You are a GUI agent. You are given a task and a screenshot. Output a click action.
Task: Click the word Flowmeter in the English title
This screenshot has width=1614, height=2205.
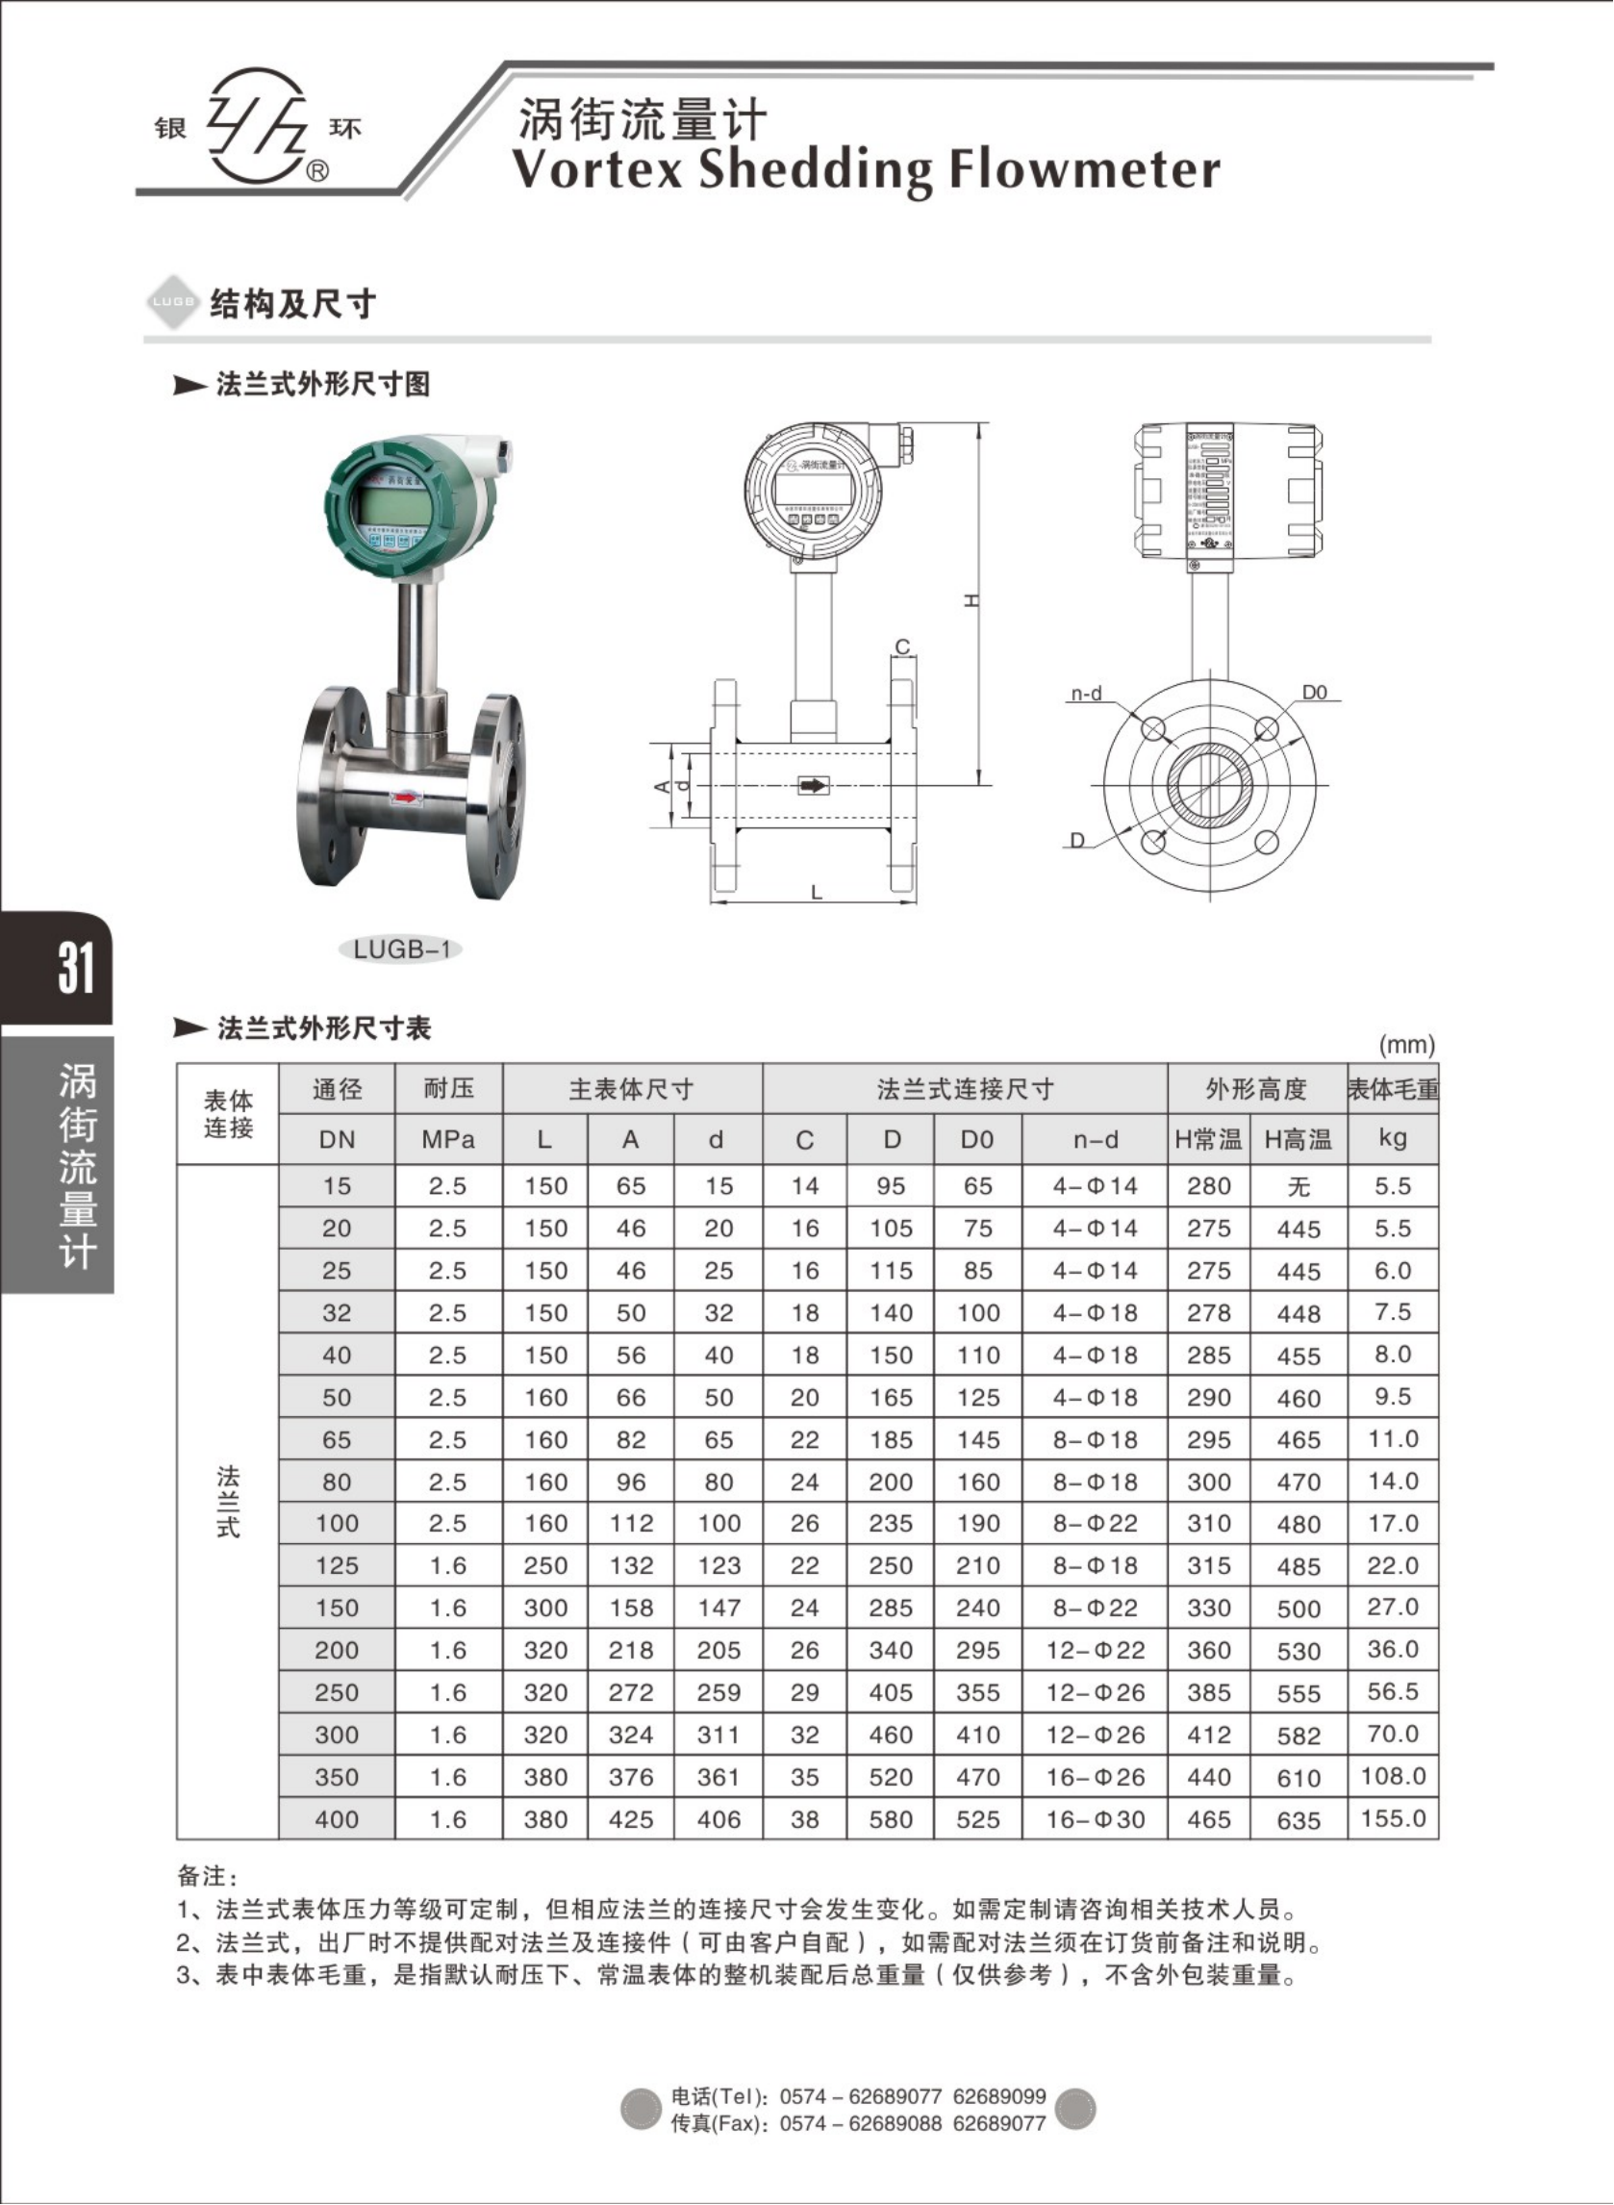[x=1084, y=169]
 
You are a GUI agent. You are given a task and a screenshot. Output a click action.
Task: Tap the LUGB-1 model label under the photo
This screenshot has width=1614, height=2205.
[x=400, y=950]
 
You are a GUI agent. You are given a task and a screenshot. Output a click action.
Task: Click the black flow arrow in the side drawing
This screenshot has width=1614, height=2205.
[x=813, y=785]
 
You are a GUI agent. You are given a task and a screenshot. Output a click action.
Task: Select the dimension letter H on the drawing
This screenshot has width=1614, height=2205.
[x=971, y=602]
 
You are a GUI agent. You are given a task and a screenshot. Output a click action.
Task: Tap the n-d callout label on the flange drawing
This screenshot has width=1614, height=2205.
[x=1087, y=694]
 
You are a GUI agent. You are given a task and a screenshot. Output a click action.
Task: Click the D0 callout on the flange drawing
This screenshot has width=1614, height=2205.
[x=1315, y=692]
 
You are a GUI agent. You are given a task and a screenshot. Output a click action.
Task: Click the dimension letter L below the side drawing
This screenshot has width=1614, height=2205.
[x=817, y=892]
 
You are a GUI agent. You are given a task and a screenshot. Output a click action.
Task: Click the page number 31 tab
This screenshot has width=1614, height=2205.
[x=76, y=968]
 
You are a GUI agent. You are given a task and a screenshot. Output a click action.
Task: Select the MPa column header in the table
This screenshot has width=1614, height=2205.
[x=447, y=1139]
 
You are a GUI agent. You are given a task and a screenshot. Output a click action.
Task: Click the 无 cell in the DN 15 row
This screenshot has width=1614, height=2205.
[x=1299, y=1186]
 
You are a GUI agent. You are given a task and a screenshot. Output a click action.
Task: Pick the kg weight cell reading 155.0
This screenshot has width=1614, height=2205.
[x=1393, y=1819]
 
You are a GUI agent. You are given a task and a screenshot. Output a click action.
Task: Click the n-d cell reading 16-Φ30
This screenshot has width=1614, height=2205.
[x=1096, y=1819]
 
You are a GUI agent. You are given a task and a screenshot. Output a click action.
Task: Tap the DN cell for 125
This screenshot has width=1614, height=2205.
[x=336, y=1566]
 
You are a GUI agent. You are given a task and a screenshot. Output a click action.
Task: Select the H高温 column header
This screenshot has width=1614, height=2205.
[x=1299, y=1139]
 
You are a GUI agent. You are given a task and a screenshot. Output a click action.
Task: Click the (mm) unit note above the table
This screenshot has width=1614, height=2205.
[x=1406, y=1046]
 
